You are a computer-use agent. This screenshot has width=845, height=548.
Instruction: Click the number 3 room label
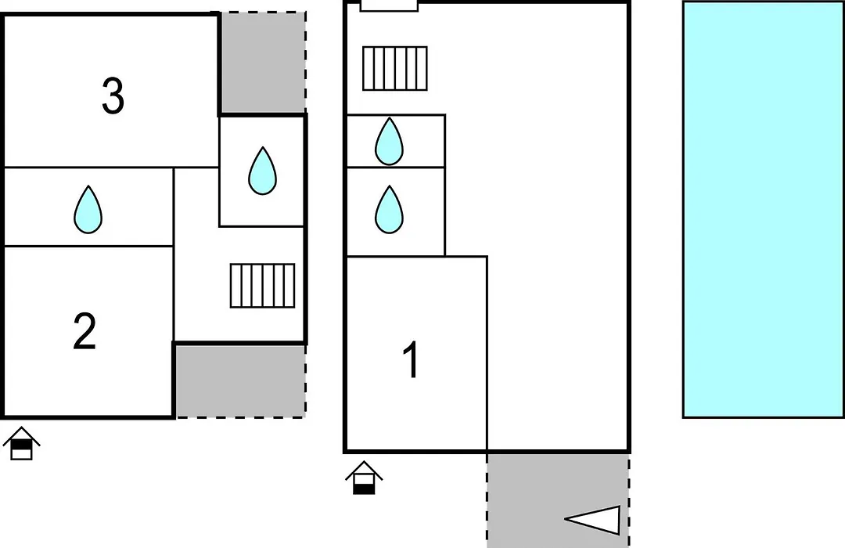(x=113, y=96)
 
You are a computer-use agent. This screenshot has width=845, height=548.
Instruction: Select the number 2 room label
(x=85, y=330)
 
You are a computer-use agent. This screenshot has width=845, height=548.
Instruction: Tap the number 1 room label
(x=412, y=360)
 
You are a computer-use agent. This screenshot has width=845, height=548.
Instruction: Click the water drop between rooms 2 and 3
(x=88, y=210)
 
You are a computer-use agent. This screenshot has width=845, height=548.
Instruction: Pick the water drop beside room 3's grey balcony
(x=262, y=171)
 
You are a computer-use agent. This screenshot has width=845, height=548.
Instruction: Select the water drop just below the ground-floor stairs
(x=389, y=142)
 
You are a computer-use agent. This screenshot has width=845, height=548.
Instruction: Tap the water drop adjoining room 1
(x=389, y=210)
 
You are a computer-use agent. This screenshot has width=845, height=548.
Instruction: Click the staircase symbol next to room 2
(x=262, y=286)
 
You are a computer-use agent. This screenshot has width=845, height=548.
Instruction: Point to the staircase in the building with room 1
(x=395, y=69)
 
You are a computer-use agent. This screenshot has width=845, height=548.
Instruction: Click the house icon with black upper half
(x=22, y=443)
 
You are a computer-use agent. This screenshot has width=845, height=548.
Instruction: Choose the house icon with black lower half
(x=365, y=478)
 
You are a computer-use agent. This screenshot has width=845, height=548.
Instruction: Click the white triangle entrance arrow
(x=593, y=520)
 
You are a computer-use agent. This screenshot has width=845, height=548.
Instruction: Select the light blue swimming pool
(x=763, y=209)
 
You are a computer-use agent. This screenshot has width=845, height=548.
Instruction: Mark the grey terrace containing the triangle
(x=559, y=500)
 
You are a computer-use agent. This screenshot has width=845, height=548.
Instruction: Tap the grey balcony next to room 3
(x=263, y=63)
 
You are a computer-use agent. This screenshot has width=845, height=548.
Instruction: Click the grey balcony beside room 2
(x=241, y=380)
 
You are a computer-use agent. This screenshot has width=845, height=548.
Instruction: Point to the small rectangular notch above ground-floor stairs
(x=389, y=6)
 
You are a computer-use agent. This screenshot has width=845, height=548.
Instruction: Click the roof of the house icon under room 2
(x=22, y=434)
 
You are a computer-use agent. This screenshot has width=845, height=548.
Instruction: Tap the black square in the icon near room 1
(x=365, y=489)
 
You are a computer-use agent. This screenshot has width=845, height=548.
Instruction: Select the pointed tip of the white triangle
(x=566, y=519)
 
